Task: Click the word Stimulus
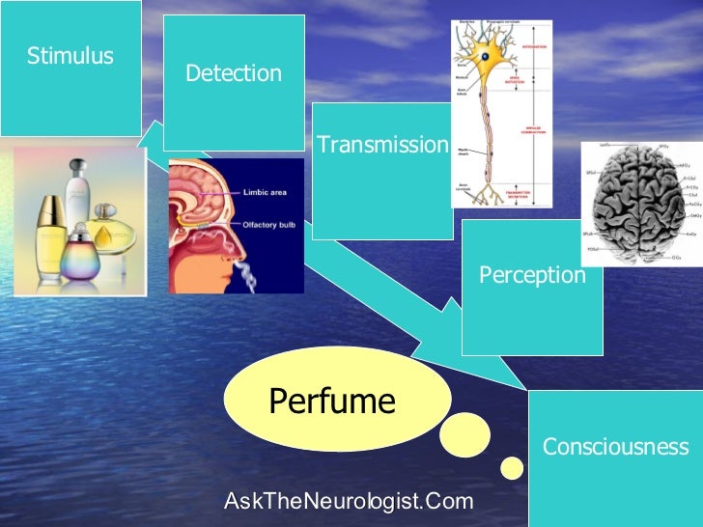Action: pos(70,56)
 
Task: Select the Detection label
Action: pos(234,73)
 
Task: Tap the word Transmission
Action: pos(383,145)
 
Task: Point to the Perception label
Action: pos(532,275)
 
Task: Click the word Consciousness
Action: pos(615,447)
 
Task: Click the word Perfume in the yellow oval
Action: pos(332,400)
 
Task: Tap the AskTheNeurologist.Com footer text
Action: pos(349,501)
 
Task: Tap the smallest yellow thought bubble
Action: pos(512,468)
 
